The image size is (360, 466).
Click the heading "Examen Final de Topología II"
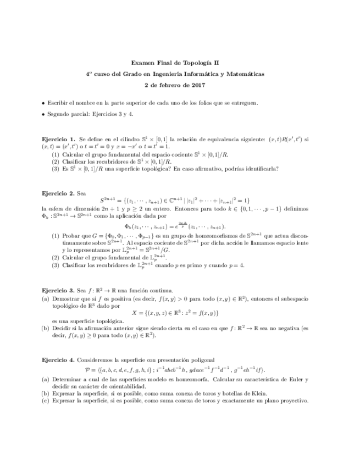pos(180,63)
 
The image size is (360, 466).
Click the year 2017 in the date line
pos(198,85)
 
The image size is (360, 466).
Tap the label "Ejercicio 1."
pos(59,140)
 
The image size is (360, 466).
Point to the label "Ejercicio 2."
pos(59,193)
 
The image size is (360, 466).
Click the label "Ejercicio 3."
pos(59,290)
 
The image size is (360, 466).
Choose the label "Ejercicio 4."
pos(59,359)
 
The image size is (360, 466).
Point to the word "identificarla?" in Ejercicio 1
pos(262,169)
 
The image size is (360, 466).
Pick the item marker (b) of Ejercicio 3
pos(46,328)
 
